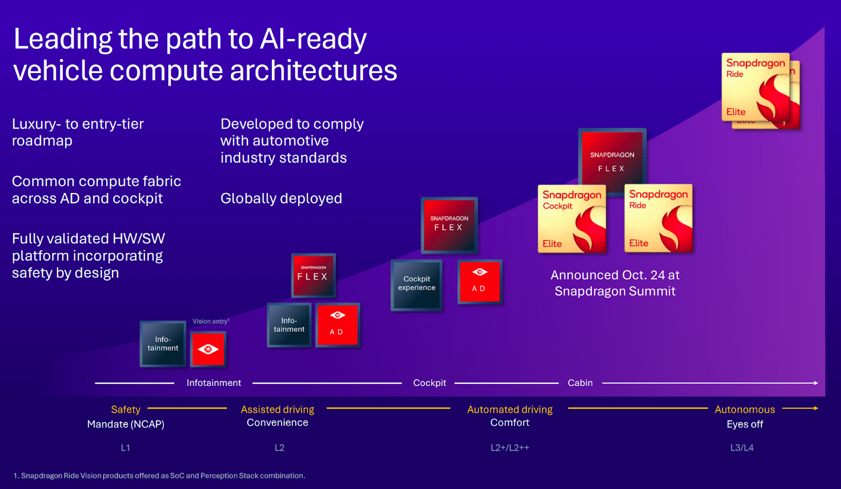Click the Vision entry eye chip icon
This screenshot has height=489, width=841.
(x=209, y=349)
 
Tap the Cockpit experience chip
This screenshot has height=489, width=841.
(x=416, y=284)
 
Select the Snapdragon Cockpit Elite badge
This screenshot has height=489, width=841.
(x=572, y=219)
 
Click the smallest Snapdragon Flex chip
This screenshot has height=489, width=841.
(x=313, y=275)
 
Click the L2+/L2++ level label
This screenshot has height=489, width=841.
(x=509, y=448)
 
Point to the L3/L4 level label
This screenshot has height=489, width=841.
(x=742, y=448)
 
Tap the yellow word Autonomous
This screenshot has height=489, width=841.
(x=744, y=410)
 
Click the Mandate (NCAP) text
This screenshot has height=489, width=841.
(x=126, y=424)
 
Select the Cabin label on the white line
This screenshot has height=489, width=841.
(x=580, y=383)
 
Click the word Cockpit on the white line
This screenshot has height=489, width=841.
(x=429, y=383)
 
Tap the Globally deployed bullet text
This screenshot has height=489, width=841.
(x=281, y=199)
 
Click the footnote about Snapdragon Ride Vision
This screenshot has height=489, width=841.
(x=159, y=476)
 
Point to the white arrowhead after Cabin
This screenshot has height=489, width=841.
(x=816, y=383)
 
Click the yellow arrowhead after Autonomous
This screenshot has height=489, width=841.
(x=816, y=408)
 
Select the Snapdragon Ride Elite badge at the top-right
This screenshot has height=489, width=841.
(x=755, y=87)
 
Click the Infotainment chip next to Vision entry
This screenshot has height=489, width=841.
(x=163, y=344)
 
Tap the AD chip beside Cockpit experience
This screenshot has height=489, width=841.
(x=479, y=282)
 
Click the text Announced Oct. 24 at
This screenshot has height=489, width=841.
(x=614, y=276)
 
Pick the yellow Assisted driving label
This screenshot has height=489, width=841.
(x=278, y=410)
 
